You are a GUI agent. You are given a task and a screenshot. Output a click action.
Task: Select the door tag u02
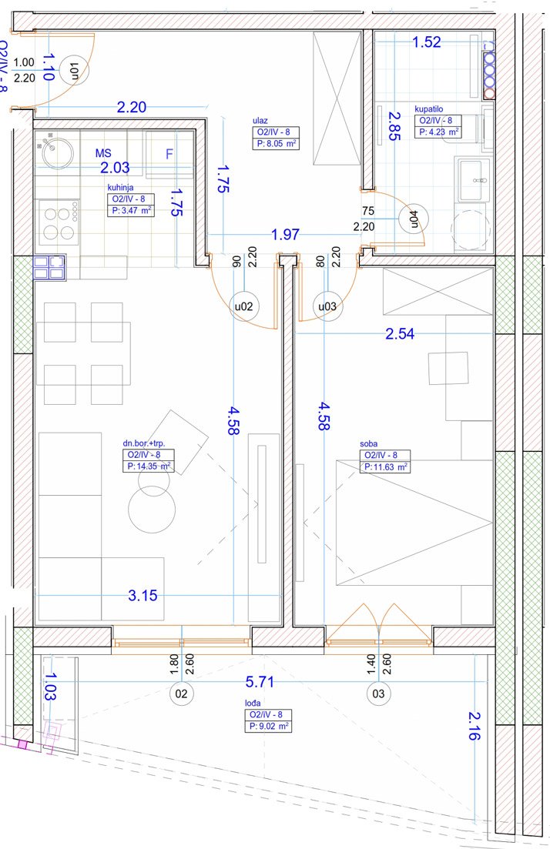click(244, 306)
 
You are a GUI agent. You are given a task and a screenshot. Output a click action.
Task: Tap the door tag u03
click(327, 306)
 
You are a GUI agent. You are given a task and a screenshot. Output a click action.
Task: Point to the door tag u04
click(414, 218)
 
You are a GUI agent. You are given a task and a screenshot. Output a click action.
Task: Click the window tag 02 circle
click(182, 694)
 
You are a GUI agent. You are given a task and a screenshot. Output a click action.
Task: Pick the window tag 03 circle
click(378, 694)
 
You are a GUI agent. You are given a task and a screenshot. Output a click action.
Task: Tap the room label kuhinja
click(120, 187)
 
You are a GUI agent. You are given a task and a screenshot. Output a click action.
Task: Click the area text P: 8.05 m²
click(276, 144)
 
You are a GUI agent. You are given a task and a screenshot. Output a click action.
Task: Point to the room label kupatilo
click(428, 109)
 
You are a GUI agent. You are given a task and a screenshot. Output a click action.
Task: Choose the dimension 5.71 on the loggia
click(260, 682)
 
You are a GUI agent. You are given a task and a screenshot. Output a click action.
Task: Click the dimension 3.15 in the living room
click(143, 596)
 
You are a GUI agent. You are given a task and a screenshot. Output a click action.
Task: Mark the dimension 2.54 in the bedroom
click(400, 333)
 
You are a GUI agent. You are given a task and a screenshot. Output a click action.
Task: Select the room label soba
click(368, 444)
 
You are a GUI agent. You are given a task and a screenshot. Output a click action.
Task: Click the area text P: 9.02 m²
click(268, 727)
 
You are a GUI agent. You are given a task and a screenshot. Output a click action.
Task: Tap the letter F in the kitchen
click(169, 154)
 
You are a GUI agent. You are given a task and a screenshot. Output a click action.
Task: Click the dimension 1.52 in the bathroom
click(427, 42)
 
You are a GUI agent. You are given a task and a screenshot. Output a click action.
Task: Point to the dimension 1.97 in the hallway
click(285, 235)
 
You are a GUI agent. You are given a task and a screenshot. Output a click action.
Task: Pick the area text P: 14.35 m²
click(149, 466)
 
